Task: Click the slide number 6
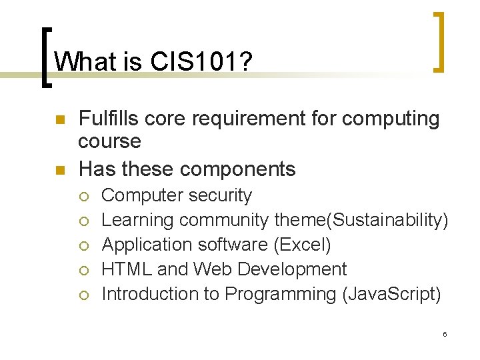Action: (x=445, y=333)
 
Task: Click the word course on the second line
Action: (x=109, y=141)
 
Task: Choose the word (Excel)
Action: (x=302, y=245)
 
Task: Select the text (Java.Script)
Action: (x=391, y=293)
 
